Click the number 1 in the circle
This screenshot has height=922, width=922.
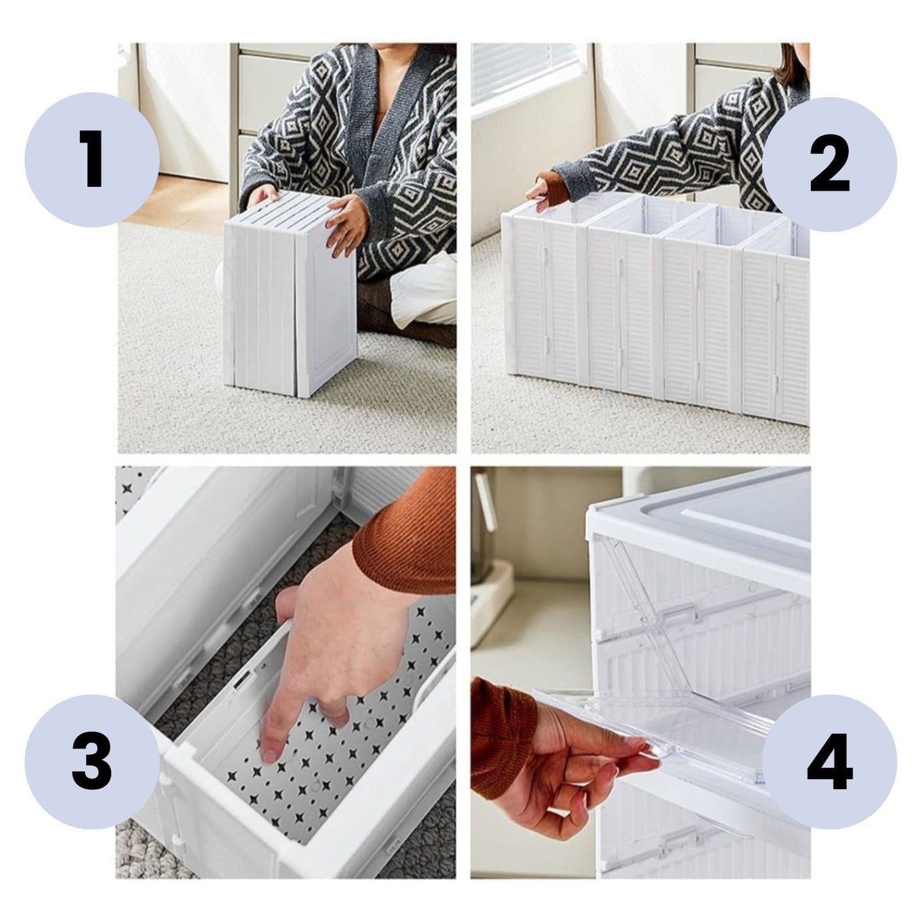[93, 160]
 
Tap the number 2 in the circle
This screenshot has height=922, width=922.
[829, 164]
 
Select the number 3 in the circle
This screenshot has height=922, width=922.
[93, 762]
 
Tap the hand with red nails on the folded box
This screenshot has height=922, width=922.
[344, 225]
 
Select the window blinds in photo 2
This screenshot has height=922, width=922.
[523, 71]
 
